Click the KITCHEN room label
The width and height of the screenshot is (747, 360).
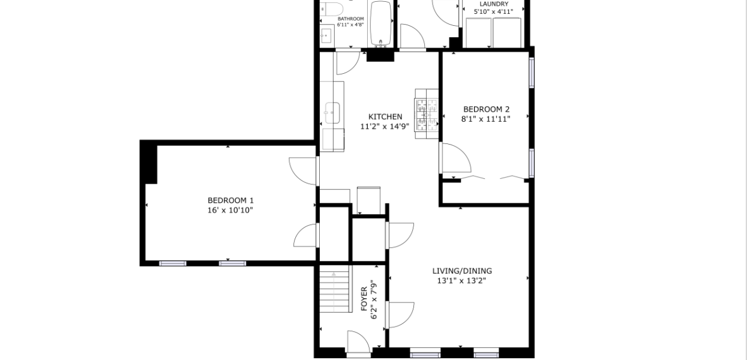point(385,116)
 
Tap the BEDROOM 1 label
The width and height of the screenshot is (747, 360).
point(230,200)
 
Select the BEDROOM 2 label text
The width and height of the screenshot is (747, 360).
point(486,109)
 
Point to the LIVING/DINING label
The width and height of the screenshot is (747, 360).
point(462,271)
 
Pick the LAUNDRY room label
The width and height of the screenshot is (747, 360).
point(494,4)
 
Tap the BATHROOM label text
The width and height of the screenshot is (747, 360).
point(350,19)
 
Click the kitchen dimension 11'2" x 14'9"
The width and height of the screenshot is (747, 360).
point(385,127)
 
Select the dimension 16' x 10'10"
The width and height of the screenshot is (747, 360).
point(230,211)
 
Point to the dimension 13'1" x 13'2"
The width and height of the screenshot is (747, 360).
point(461,281)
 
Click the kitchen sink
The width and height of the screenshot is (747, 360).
point(332,113)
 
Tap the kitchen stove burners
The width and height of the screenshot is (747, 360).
point(427,114)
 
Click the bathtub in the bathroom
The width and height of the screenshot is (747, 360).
point(380,23)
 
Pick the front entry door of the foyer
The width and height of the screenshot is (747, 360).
point(358,341)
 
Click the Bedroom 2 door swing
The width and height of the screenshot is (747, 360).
point(456,158)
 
